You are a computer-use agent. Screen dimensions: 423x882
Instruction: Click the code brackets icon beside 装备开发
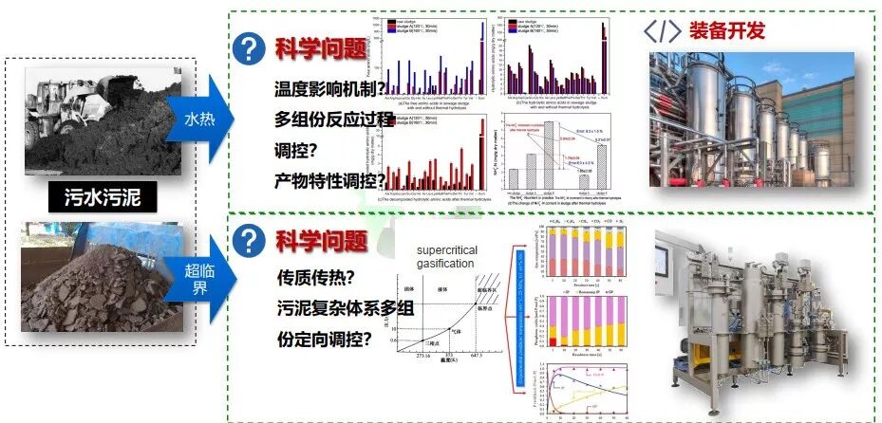[663, 31]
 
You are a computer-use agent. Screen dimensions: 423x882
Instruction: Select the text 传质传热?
[317, 279]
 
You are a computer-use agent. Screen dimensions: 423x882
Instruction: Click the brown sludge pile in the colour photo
[95, 294]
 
